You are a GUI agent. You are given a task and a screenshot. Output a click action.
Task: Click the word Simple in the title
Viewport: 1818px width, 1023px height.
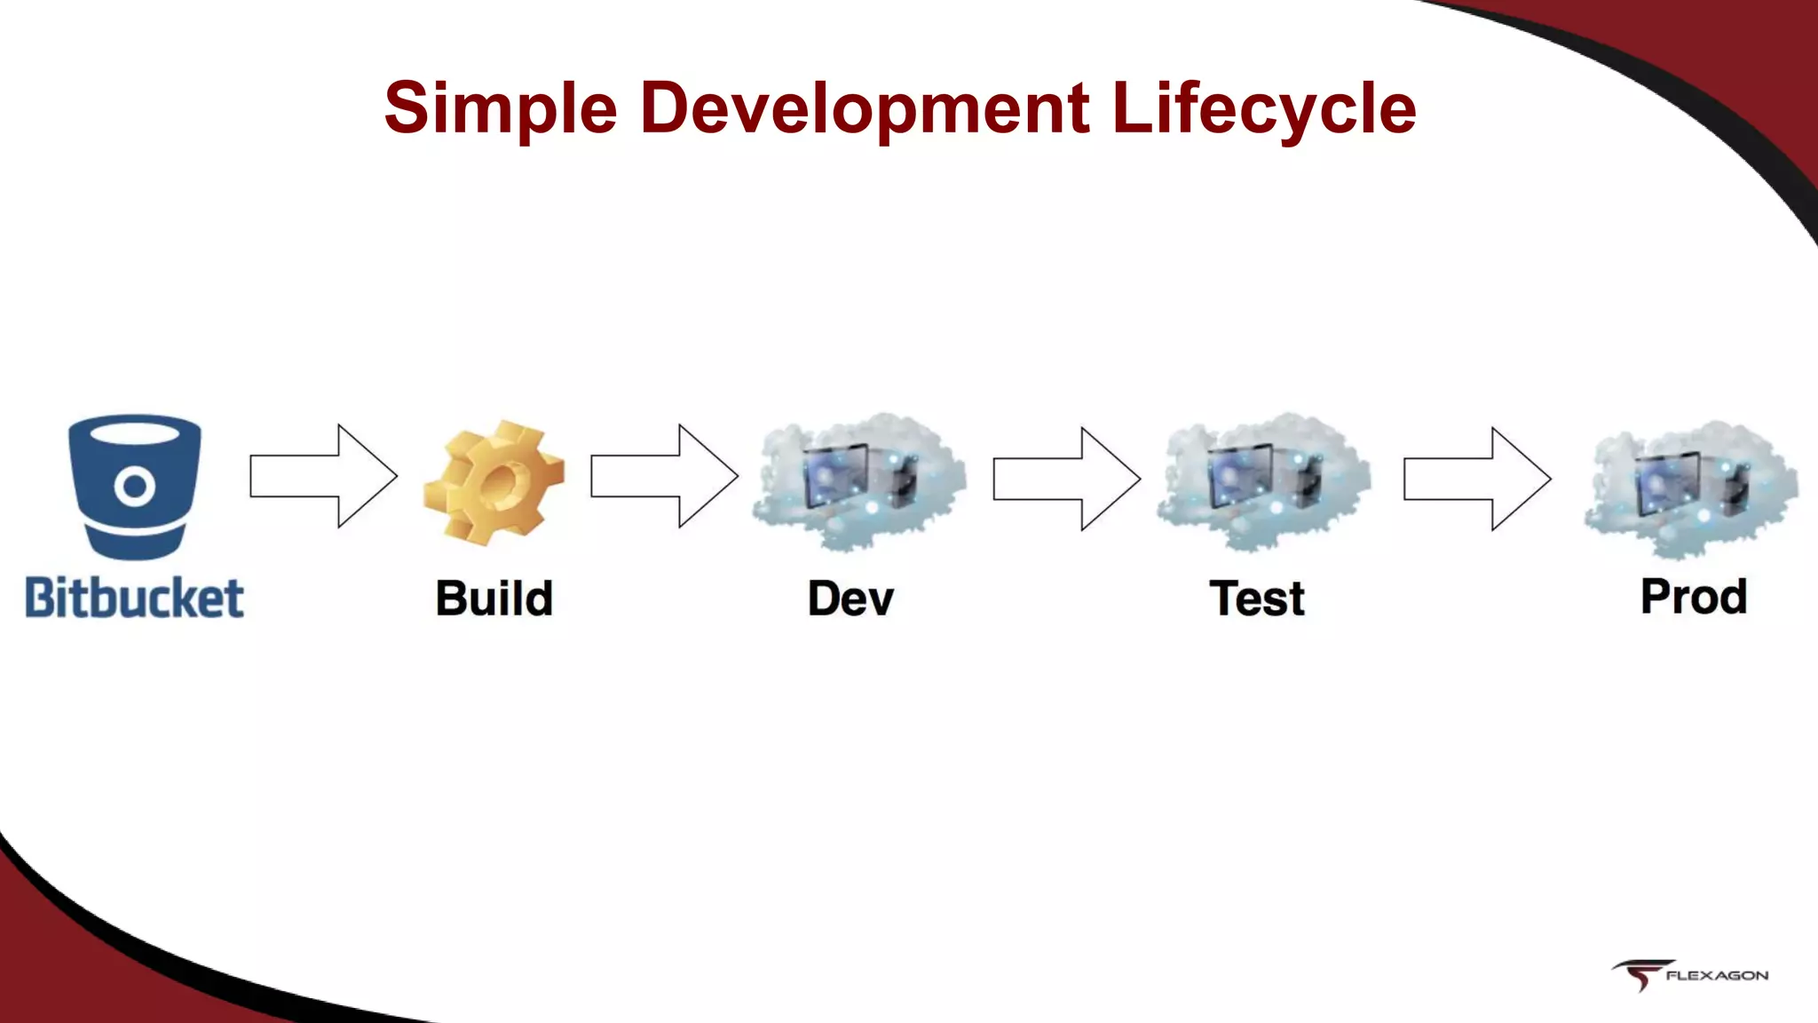pos(500,108)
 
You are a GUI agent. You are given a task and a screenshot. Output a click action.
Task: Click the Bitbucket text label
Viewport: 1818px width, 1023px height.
pos(134,598)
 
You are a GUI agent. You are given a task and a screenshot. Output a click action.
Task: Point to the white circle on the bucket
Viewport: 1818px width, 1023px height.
pos(135,486)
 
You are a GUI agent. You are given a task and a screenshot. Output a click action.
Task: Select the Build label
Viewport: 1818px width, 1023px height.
pos(494,598)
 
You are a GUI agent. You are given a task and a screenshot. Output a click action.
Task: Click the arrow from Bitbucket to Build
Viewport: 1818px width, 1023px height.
pos(323,476)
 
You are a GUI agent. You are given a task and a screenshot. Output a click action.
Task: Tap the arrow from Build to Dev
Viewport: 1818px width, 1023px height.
pos(664,476)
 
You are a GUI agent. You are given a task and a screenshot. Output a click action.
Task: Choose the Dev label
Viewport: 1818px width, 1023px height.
pos(850,598)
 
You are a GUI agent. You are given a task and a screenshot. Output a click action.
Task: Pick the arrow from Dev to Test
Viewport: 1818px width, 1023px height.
pos(1066,479)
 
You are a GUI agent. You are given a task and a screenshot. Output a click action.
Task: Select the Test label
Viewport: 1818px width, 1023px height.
pos(1257,598)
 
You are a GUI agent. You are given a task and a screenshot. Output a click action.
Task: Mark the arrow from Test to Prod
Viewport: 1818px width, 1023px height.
pos(1477,479)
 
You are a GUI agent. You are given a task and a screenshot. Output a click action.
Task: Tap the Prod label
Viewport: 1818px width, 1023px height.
pos(1694,596)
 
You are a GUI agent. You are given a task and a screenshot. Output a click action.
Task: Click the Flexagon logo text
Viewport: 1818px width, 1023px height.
pos(1717,975)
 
